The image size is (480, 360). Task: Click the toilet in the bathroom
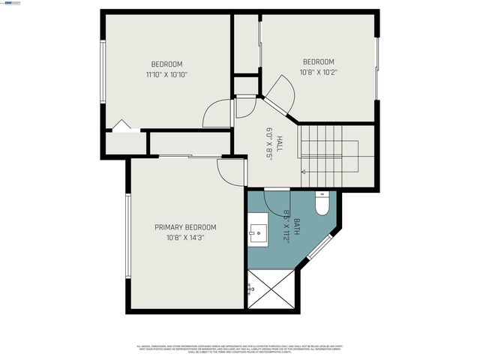tap(322, 203)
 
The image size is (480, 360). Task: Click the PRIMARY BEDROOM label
tap(185, 227)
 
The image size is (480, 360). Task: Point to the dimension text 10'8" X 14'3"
tap(185, 238)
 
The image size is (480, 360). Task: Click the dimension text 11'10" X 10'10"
tap(166, 75)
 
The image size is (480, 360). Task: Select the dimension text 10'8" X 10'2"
tap(318, 73)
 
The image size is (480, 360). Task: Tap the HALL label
tap(278, 142)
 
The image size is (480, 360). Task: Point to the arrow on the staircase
tap(304, 172)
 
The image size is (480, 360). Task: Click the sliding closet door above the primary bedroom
tap(188, 157)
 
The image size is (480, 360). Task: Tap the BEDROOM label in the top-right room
tap(318, 61)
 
